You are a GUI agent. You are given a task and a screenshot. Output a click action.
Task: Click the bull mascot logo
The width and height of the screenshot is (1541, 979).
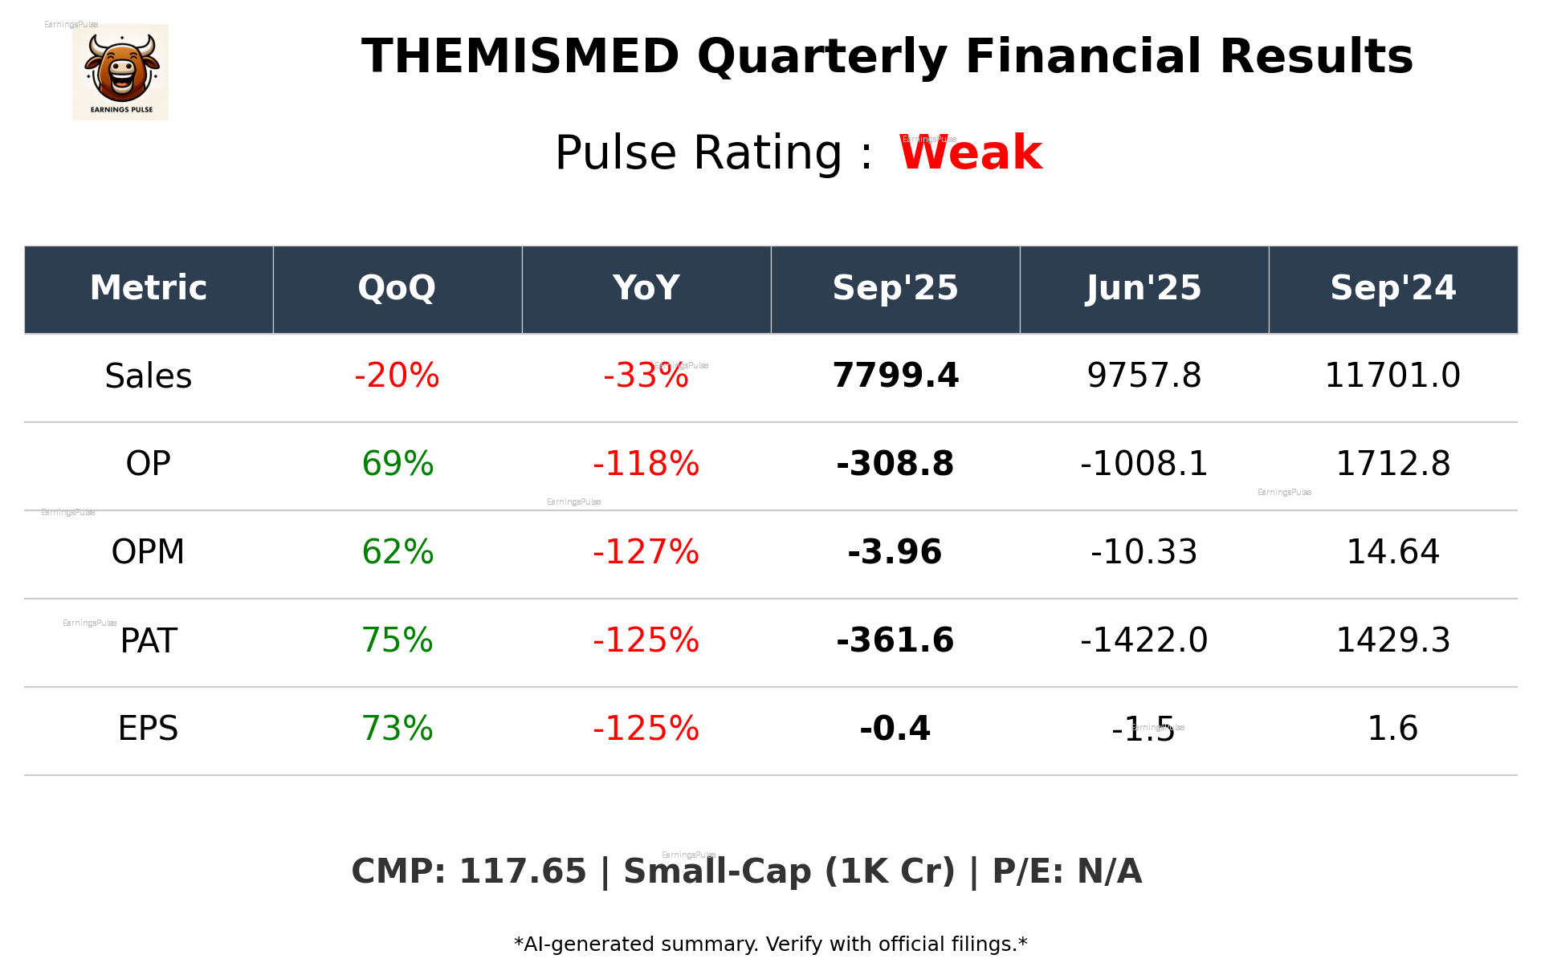[x=120, y=72]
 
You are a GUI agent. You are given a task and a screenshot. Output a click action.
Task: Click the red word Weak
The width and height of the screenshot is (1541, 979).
[x=970, y=153]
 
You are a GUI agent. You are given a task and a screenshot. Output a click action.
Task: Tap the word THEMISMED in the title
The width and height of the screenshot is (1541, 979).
[x=520, y=57]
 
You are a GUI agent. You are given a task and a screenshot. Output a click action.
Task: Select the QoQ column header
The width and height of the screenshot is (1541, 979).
[x=397, y=288]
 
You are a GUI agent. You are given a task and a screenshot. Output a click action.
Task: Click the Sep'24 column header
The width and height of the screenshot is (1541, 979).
[x=1392, y=288]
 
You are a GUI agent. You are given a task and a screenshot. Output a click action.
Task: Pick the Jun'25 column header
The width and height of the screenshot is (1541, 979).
[x=1144, y=288]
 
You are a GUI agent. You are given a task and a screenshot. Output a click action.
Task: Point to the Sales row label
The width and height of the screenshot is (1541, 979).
[x=149, y=376]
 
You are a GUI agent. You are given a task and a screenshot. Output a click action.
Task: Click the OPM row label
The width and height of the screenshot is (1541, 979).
[x=149, y=552]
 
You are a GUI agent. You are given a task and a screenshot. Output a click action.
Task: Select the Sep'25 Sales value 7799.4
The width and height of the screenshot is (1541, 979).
[x=895, y=376]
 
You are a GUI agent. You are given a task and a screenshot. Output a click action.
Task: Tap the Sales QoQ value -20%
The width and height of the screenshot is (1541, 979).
[x=397, y=376]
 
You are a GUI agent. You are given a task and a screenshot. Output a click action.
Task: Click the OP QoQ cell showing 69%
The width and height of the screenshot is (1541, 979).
[x=397, y=464]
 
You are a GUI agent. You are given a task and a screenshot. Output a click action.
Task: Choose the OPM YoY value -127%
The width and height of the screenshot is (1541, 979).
[x=646, y=552]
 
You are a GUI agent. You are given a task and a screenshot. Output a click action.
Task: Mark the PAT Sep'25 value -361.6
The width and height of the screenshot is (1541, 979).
[x=895, y=640]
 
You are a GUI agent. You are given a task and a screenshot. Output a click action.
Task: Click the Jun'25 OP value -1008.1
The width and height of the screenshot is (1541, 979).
[x=1144, y=464]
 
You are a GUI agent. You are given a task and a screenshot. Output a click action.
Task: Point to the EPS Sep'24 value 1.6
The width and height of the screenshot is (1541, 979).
[x=1392, y=729]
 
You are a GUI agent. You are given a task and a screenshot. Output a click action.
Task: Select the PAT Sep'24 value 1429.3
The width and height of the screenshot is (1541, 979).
[x=1392, y=640]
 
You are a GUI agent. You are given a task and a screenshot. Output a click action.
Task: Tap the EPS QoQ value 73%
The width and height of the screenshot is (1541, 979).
[x=397, y=729]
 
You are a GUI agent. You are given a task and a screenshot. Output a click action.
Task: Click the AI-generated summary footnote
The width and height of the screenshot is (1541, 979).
[x=770, y=944]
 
